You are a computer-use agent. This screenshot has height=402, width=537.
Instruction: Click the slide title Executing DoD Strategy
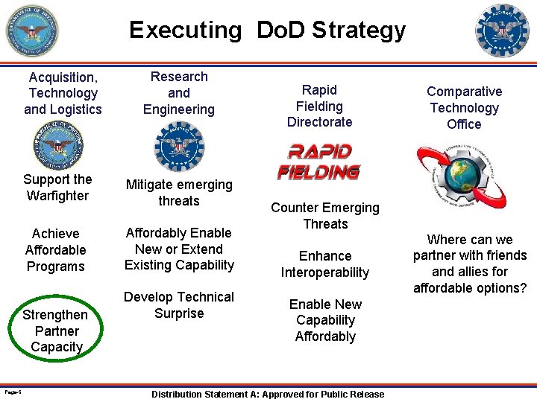(267, 30)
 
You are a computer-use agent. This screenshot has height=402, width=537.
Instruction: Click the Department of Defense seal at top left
(31, 31)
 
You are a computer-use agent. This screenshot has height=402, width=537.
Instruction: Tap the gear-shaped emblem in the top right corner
(502, 31)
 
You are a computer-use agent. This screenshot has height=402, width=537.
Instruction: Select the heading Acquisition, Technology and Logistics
(63, 93)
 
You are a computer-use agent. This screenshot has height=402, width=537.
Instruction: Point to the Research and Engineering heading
(179, 93)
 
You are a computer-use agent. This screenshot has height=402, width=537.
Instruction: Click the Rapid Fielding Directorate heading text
(319, 106)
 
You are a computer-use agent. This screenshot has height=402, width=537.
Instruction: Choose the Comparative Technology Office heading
(464, 108)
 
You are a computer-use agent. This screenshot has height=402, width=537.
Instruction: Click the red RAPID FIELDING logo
(318, 162)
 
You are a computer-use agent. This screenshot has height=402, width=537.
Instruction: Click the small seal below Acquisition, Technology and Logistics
(58, 146)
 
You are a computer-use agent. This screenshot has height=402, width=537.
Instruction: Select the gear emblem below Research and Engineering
(178, 147)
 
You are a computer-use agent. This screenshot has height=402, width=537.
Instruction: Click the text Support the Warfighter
(57, 188)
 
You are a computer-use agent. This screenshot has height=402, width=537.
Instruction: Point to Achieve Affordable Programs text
(56, 250)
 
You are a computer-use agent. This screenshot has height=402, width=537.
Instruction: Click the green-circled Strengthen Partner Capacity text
(57, 331)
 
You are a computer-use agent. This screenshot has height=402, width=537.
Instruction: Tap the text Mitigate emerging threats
(179, 193)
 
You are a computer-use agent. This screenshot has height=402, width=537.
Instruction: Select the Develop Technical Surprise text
(179, 305)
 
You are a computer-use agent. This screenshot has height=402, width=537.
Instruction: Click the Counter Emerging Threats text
(325, 216)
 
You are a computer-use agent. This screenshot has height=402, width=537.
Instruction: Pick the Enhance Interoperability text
(325, 264)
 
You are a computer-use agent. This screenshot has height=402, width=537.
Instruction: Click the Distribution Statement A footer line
(268, 395)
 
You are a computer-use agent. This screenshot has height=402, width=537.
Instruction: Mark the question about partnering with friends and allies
(470, 264)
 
